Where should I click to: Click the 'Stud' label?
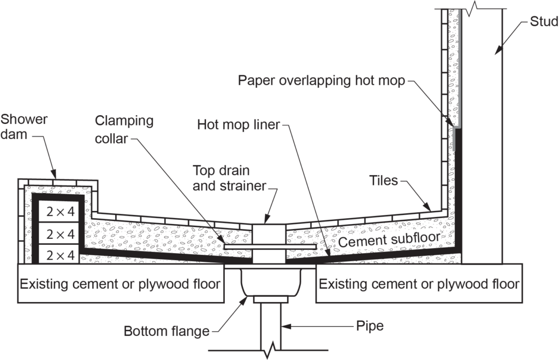coord(544,22)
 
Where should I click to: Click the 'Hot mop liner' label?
coord(238,125)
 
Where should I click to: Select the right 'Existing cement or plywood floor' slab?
coord(419,284)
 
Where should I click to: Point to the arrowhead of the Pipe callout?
coord(284,327)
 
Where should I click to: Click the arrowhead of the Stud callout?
coord(496,52)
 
